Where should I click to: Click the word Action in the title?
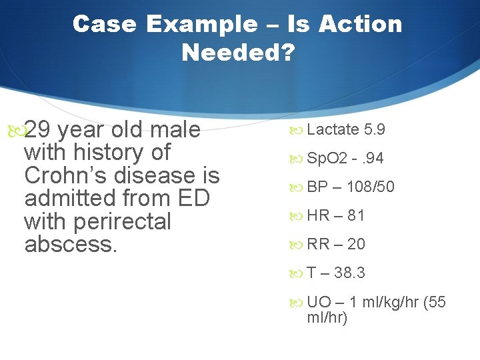(x=360, y=24)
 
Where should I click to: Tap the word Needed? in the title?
(x=238, y=53)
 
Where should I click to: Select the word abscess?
(x=71, y=244)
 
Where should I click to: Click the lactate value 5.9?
(x=375, y=129)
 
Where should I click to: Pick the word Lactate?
(x=333, y=129)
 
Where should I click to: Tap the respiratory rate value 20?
(x=356, y=245)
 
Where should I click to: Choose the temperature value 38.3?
(x=349, y=273)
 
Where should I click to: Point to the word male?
(x=177, y=129)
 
